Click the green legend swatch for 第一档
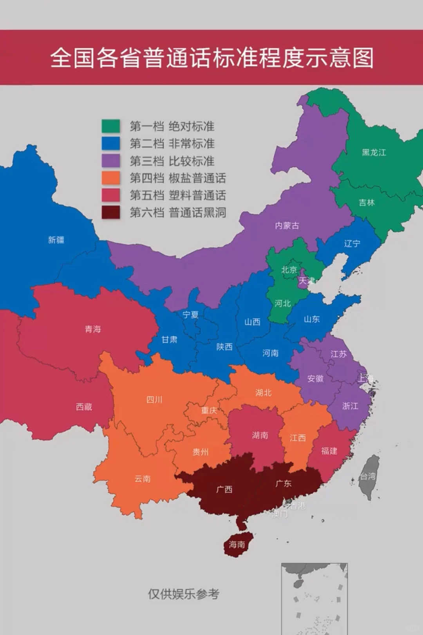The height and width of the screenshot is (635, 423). tap(110, 126)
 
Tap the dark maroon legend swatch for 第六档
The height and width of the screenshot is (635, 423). tap(110, 212)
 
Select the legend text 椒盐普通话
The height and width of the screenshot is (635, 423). tap(197, 178)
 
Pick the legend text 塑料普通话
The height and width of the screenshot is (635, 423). tap(197, 195)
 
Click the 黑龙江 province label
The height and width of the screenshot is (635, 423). tap(374, 153)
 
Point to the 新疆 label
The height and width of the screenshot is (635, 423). tap(56, 240)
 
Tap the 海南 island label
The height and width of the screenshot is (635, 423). tap(237, 545)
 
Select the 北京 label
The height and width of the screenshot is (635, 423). tap(289, 270)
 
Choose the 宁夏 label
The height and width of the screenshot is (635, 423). tap(190, 315)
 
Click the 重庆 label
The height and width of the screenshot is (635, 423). tap(209, 410)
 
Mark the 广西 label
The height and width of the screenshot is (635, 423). tap(224, 489)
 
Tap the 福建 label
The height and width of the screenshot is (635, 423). tap(329, 451)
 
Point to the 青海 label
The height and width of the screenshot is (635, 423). tap(93, 329)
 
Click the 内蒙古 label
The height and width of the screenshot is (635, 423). tap(287, 225)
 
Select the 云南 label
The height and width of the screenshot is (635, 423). tap(142, 479)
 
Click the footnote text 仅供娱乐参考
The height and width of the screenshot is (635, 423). tap(183, 594)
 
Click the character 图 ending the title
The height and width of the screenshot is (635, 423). tap(363, 58)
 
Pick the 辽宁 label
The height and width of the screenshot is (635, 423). tap(352, 244)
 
